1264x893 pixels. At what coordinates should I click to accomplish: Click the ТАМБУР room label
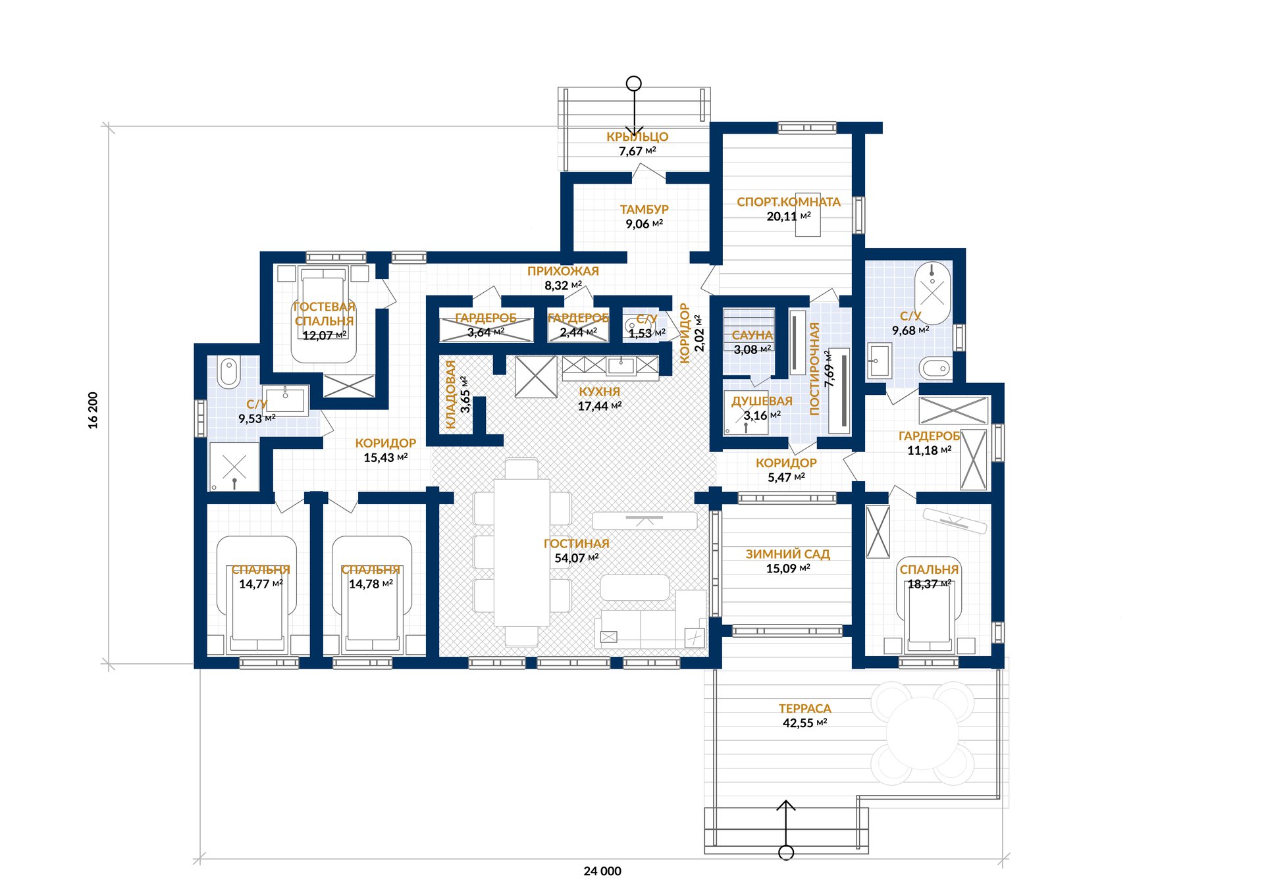pyautogui.click(x=644, y=209)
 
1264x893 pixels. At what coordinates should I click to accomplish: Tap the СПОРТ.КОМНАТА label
pyautogui.click(x=789, y=202)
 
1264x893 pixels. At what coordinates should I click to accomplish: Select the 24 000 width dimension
pyautogui.click(x=602, y=871)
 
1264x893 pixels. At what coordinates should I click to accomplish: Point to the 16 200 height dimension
pyautogui.click(x=93, y=411)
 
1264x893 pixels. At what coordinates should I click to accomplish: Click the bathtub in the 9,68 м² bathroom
pyautogui.click(x=933, y=293)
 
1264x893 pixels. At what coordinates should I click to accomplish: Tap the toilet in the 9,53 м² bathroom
pyautogui.click(x=228, y=372)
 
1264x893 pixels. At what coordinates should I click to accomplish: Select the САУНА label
pyautogui.click(x=752, y=335)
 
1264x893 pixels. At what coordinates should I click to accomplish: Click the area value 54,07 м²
pyautogui.click(x=577, y=558)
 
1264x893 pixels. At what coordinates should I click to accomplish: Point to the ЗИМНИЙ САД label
pyautogui.click(x=787, y=554)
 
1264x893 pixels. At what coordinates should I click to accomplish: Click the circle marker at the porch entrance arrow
pyautogui.click(x=634, y=84)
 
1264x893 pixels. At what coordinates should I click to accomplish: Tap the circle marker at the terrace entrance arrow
pyautogui.click(x=786, y=853)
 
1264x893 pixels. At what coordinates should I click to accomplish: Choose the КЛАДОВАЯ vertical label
pyautogui.click(x=451, y=395)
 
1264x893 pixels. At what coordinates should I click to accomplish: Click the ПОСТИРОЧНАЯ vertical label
pyautogui.click(x=814, y=369)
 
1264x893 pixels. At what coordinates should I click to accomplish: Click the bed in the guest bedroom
pyautogui.click(x=323, y=315)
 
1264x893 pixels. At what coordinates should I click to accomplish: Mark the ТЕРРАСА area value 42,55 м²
pyautogui.click(x=804, y=723)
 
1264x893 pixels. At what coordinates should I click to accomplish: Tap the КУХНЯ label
pyautogui.click(x=599, y=392)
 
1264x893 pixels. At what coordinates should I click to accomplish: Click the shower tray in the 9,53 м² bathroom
pyautogui.click(x=234, y=467)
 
